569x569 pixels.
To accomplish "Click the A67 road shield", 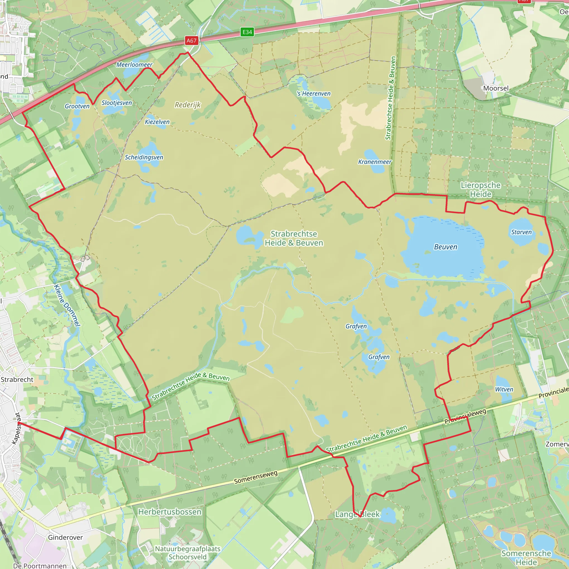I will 191,41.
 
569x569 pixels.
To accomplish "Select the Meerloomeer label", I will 134,65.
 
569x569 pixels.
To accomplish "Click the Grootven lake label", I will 77,106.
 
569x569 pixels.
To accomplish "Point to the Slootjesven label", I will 117,103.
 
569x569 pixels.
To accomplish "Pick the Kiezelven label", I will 157,122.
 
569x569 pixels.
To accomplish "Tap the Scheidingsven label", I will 144,157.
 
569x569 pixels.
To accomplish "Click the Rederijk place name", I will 188,105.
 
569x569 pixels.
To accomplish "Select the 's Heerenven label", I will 314,94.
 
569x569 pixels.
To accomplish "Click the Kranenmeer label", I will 375,162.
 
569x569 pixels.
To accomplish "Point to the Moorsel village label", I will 496,88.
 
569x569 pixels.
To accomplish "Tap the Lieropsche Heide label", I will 480,190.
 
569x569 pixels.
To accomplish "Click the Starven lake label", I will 521,232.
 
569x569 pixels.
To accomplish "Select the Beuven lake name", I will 446,247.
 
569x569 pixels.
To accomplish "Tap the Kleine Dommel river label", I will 67,305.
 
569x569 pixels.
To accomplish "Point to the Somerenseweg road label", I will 256,477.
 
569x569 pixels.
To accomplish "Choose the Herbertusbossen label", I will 170,512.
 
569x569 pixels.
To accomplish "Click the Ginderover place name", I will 65,538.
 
